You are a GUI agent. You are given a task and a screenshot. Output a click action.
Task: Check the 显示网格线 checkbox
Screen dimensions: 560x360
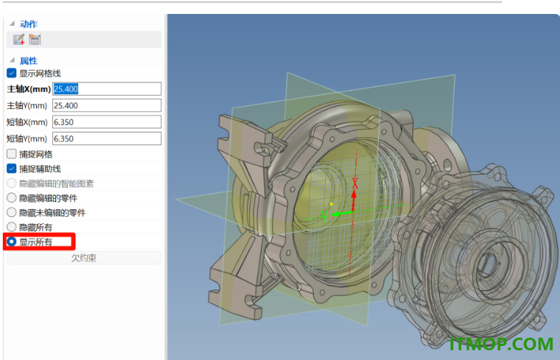click(11, 73)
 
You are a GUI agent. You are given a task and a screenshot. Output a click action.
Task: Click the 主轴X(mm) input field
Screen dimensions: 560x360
click(107, 89)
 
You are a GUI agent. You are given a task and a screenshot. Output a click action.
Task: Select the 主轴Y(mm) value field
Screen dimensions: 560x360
click(107, 105)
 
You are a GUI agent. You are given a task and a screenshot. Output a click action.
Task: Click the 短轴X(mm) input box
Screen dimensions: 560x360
click(107, 122)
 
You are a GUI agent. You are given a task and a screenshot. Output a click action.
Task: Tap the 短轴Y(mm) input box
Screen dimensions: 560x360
click(107, 139)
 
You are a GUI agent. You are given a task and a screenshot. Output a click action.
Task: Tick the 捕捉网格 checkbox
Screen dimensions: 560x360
click(11, 154)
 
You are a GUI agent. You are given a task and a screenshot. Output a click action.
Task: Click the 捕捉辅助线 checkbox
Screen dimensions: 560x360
click(11, 169)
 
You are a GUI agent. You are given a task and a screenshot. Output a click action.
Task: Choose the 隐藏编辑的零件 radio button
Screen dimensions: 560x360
click(11, 198)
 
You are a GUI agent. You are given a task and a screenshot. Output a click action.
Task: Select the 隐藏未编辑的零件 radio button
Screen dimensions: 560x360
click(11, 213)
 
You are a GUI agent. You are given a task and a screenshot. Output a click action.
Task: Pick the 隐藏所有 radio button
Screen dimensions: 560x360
click(11, 227)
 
